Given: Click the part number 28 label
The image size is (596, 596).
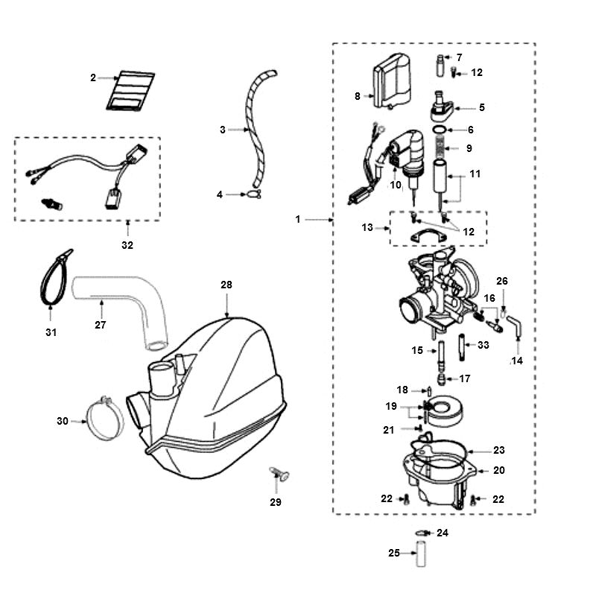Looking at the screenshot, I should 226,285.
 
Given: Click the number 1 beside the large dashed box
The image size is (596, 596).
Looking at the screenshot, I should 298,220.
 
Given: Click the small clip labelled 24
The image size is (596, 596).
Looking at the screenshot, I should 422,533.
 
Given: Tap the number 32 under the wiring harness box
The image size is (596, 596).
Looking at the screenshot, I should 127,244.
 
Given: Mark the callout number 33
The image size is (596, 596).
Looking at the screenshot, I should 484,345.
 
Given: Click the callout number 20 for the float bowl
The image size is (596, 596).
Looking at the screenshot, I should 499,471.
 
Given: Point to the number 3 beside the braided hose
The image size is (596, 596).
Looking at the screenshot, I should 223,130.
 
